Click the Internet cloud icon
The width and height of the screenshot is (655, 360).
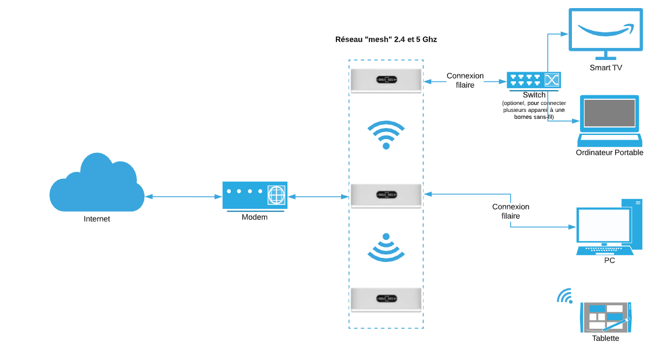[96, 183]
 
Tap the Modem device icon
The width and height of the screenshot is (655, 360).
[254, 196]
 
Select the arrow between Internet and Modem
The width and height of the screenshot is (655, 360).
[184, 197]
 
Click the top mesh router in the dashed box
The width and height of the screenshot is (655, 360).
[386, 80]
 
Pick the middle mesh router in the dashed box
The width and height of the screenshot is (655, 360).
[386, 195]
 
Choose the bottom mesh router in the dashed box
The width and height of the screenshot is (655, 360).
[386, 299]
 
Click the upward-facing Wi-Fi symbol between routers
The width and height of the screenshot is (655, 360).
[386, 134]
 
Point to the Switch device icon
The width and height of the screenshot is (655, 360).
[533, 81]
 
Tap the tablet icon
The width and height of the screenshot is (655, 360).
[606, 317]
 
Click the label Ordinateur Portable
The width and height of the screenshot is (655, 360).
[609, 153]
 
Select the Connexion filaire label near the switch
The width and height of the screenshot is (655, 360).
[465, 80]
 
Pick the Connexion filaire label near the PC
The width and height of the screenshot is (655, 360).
[510, 211]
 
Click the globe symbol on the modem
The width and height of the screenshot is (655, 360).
[276, 195]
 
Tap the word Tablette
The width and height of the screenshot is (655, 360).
[605, 339]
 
